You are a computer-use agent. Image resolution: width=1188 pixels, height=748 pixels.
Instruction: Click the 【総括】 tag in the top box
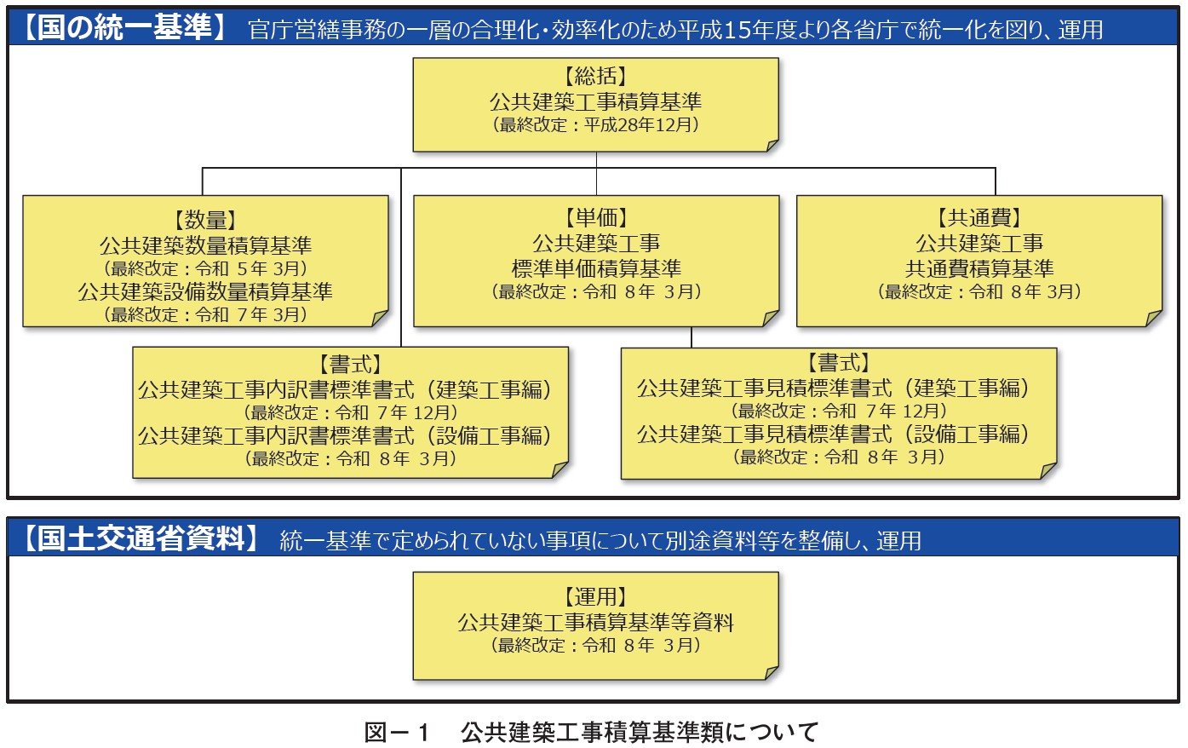pyautogui.click(x=595, y=77)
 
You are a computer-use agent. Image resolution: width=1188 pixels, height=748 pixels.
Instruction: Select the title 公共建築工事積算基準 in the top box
pyautogui.click(x=595, y=101)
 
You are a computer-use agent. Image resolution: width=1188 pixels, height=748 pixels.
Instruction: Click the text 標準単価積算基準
pyautogui.click(x=596, y=268)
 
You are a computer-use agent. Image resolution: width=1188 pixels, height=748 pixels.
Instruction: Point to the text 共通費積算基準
pyautogui.click(x=979, y=268)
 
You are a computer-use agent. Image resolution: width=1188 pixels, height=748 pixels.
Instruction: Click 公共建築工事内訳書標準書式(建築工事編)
pyautogui.click(x=346, y=390)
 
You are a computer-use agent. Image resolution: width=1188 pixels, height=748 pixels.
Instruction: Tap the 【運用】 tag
pyautogui.click(x=595, y=597)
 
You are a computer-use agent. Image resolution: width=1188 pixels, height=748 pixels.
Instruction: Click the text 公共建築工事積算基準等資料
pyautogui.click(x=595, y=622)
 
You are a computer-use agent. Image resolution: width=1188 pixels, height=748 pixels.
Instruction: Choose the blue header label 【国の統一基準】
pyautogui.click(x=125, y=27)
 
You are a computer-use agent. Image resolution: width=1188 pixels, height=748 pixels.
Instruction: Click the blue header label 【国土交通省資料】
pyautogui.click(x=140, y=538)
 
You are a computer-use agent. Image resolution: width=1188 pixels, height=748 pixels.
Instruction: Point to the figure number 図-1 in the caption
pyautogui.click(x=396, y=733)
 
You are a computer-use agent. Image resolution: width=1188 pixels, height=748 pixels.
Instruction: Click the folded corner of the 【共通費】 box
pyautogui.click(x=1153, y=318)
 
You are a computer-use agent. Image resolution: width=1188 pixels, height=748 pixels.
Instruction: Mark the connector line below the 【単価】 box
pyautogui.click(x=691, y=337)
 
